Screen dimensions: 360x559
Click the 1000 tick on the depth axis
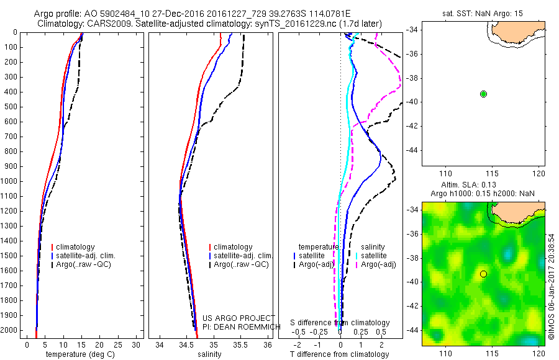click(x=9, y=181)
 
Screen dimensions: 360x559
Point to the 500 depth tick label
click(x=9, y=107)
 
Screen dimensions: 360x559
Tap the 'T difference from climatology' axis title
click(x=340, y=354)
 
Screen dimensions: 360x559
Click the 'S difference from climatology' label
click(x=340, y=323)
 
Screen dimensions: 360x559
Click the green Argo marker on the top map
click(x=483, y=94)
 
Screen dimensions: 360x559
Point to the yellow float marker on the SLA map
click(x=483, y=274)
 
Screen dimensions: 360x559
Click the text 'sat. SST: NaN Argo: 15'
click(x=483, y=11)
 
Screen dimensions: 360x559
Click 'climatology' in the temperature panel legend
click(x=79, y=247)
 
